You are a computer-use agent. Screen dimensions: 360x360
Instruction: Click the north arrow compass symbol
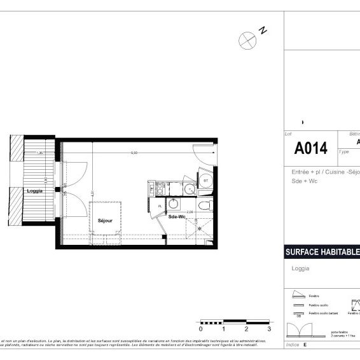[x=247, y=40]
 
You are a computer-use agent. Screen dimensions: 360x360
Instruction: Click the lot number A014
[x=310, y=149]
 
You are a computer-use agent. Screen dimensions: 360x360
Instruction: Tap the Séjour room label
[x=105, y=221]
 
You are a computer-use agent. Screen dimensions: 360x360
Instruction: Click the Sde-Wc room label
[x=178, y=216]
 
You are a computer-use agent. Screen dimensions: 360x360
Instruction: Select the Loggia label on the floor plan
[x=35, y=191]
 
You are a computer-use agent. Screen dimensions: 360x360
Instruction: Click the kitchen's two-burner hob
[x=160, y=189]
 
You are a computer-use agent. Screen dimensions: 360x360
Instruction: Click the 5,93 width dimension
[x=134, y=153]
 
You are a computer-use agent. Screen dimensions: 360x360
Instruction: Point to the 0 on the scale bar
[x=200, y=329]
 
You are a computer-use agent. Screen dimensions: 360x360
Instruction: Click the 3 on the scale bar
[x=269, y=329]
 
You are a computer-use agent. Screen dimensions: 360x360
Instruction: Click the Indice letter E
[x=305, y=344]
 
